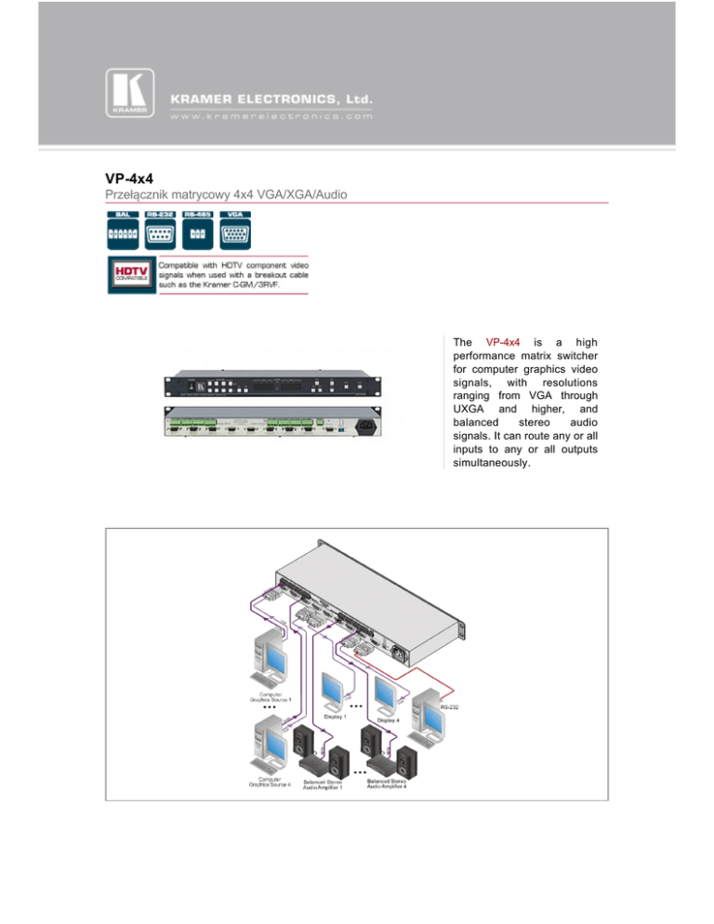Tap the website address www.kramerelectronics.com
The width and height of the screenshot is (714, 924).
[270, 117]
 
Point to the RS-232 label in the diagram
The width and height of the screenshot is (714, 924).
[449, 706]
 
